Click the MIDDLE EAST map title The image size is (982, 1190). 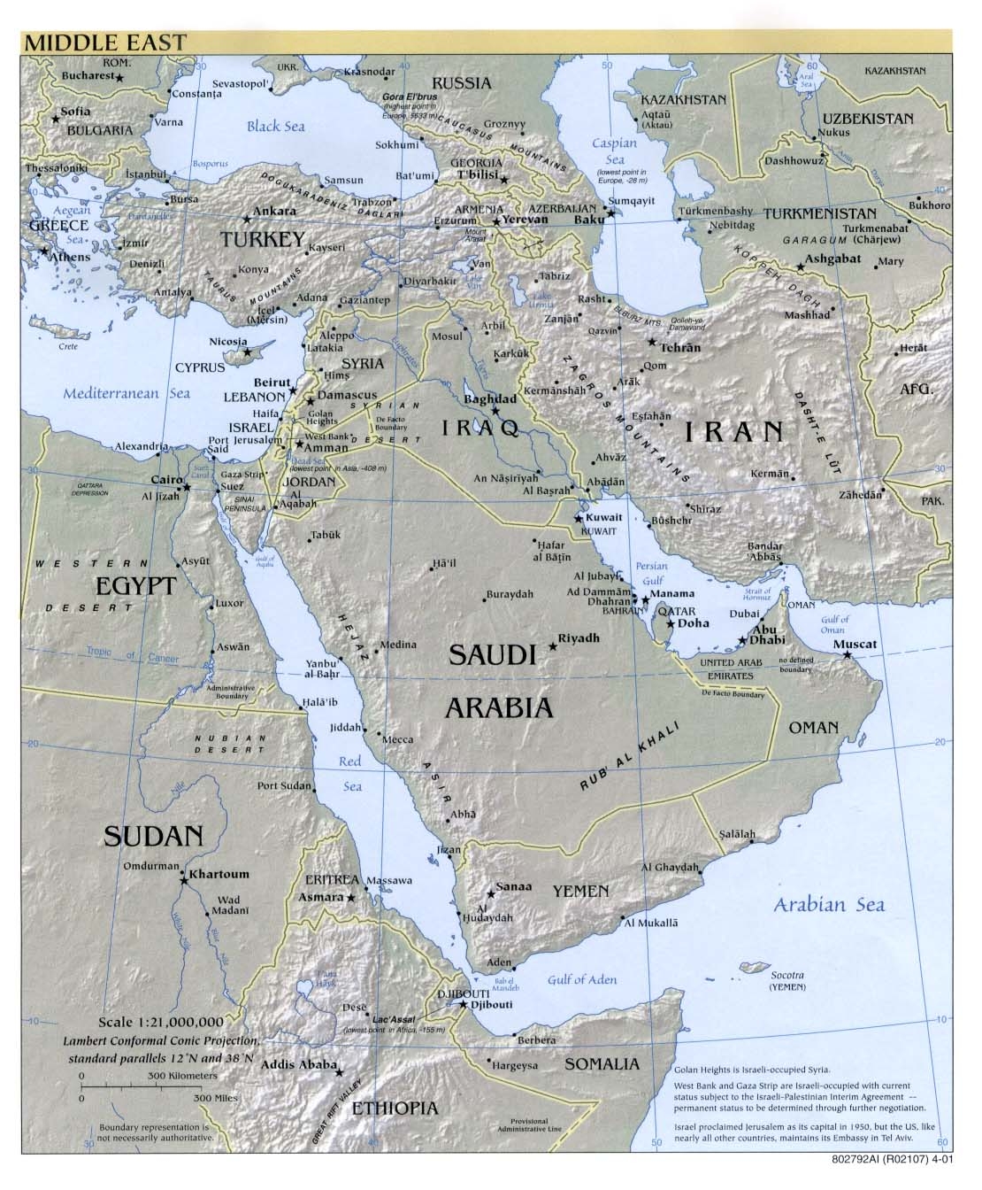tap(105, 41)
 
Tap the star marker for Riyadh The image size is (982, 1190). tap(554, 647)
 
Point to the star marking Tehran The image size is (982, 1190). tap(652, 342)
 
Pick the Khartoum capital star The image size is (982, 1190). tap(184, 880)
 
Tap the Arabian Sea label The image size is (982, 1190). tap(828, 904)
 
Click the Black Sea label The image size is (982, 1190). tap(275, 126)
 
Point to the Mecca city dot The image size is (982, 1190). tap(380, 733)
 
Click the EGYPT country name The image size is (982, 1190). tap(136, 586)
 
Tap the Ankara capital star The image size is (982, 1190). tap(247, 219)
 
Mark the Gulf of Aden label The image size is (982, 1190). tap(580, 979)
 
